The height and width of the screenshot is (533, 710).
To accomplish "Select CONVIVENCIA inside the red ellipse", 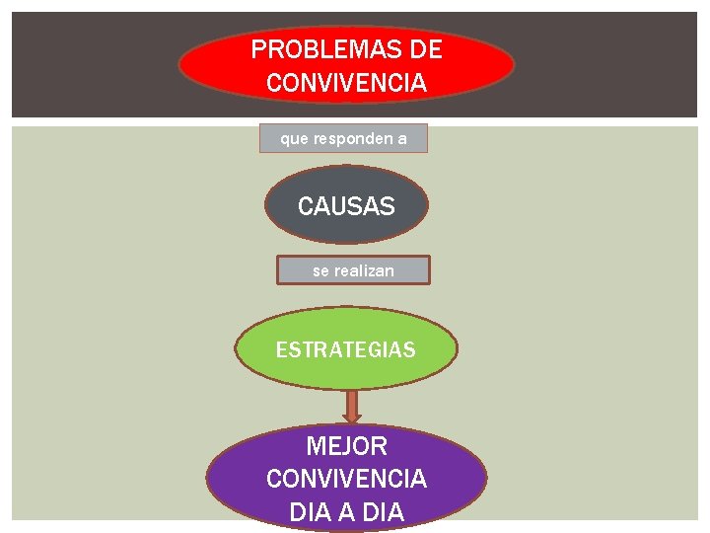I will (346, 83).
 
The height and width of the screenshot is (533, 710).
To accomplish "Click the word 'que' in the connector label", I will (294, 139).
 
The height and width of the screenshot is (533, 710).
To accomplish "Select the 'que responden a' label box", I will (343, 139).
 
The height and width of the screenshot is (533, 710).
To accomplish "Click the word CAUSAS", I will (346, 207).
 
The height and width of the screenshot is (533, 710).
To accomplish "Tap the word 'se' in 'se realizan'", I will (320, 270).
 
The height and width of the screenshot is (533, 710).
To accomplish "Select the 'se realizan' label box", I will (353, 270).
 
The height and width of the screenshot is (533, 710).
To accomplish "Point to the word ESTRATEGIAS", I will (345, 349).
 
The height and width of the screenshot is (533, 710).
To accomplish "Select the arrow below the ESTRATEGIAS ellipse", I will (352, 405).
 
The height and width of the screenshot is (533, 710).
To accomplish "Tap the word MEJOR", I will (346, 446).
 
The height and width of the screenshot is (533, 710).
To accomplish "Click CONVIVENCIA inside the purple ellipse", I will (346, 480).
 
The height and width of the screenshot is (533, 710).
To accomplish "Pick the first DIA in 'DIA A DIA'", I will (310, 513).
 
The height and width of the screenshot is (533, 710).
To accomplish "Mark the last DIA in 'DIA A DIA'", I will (383, 513).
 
